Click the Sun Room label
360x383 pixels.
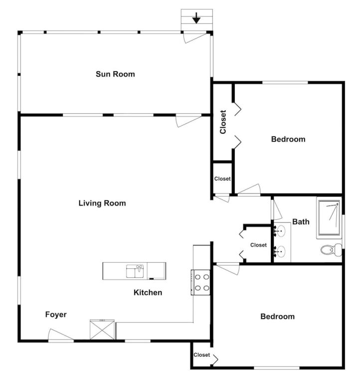point(115,74)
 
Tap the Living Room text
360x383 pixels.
point(102,203)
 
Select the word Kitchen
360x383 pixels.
point(148,292)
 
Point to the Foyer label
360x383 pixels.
point(56,315)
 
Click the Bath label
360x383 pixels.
point(301,222)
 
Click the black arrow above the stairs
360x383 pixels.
point(196,18)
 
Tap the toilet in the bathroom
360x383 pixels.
point(331,250)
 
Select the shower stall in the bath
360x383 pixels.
point(329,218)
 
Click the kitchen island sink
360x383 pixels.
point(135,271)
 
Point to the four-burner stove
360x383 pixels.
point(200,282)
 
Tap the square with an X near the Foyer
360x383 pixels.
point(102,330)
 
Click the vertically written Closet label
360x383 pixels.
point(223,122)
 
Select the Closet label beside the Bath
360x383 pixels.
point(258,245)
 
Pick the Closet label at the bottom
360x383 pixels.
point(202,355)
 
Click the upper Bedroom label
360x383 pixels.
point(288,139)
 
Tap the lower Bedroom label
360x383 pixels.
point(277,317)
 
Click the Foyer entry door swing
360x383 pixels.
point(60,335)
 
